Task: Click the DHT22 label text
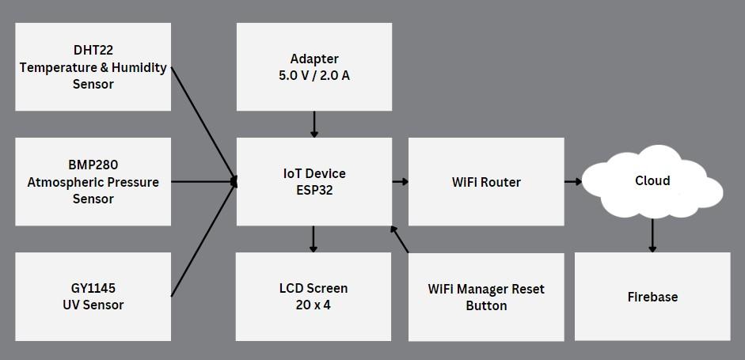93,51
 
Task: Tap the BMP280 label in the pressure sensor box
93,165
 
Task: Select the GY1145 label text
93,288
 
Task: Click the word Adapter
314,59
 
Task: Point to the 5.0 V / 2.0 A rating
314,76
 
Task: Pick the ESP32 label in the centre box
314,191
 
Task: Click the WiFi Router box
486,182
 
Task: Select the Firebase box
652,297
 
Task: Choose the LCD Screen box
314,297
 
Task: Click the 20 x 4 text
314,305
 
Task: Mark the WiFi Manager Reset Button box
486,297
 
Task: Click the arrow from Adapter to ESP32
314,124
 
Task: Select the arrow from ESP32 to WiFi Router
400,182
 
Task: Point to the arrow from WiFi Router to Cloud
573,182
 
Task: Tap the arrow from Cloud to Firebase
652,235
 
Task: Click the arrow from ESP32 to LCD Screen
314,239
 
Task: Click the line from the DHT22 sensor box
203,123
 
